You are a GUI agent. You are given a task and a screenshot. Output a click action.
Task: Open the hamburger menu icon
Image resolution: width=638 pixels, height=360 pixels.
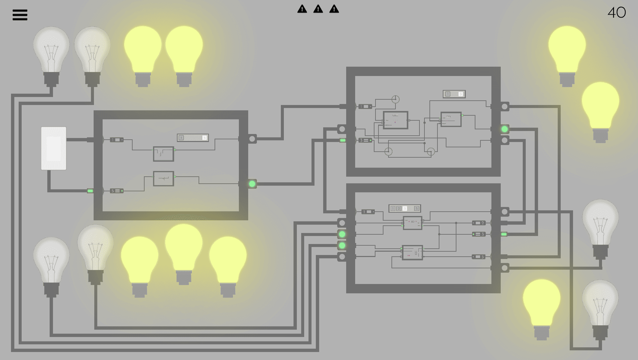pyautogui.click(x=20, y=15)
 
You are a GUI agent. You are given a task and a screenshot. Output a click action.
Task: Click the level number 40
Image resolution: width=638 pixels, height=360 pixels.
pyautogui.click(x=617, y=13)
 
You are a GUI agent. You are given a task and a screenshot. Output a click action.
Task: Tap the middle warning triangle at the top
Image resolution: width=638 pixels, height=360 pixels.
pyautogui.click(x=318, y=9)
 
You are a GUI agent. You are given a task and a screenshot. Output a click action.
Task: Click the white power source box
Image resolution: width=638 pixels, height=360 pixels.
pyautogui.click(x=54, y=148)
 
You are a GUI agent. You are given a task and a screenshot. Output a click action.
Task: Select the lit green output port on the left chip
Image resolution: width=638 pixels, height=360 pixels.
pyautogui.click(x=252, y=184)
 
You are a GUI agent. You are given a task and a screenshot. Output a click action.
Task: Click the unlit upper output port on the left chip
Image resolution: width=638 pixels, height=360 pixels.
pyautogui.click(x=252, y=139)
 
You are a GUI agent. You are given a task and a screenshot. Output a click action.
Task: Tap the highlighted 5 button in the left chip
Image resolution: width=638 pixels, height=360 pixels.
pyautogui.click(x=205, y=138)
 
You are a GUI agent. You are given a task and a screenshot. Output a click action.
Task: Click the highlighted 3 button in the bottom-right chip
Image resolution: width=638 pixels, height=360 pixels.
pyautogui.click(x=405, y=209)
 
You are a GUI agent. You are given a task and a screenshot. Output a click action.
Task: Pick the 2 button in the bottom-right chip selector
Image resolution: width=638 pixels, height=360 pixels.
pyautogui.click(x=399, y=209)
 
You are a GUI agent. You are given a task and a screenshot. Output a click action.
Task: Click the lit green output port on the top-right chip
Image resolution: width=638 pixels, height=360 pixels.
pyautogui.click(x=505, y=129)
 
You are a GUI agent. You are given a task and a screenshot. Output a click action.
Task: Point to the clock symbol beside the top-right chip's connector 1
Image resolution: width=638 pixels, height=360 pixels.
pyautogui.click(x=395, y=99)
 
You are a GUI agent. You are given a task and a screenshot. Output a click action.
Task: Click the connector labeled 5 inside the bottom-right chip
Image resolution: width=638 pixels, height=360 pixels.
pyautogui.click(x=478, y=257)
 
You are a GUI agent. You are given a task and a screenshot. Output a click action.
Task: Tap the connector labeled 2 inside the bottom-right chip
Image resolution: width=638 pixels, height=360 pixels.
pyautogui.click(x=478, y=223)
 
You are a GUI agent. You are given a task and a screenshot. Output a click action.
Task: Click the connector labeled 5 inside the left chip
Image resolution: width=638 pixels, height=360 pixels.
pyautogui.click(x=117, y=191)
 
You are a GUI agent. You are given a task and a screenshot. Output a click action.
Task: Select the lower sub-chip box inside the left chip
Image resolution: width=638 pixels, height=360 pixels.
pyautogui.click(x=164, y=178)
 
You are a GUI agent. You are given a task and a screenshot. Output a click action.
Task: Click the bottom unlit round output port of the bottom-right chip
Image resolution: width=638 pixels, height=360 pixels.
pyautogui.click(x=505, y=268)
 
